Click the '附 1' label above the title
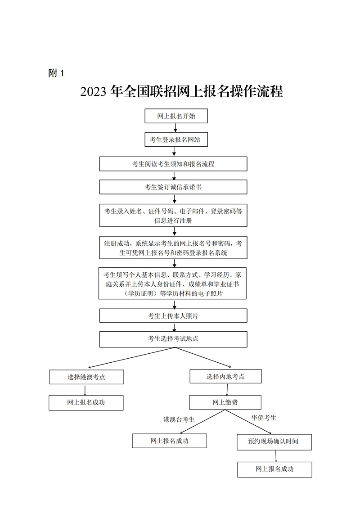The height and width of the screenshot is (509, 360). coord(56,73)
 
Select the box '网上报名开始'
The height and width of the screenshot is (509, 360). coord(176,116)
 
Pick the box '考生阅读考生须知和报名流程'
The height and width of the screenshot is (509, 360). coord(173,164)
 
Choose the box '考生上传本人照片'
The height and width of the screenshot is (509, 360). coord(173,315)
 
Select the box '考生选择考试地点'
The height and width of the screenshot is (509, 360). coord(173,339)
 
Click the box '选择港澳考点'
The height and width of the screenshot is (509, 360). coord(86,377)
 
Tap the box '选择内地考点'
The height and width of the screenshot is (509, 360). coord(225,376)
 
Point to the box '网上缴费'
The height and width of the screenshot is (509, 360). coord(219,402)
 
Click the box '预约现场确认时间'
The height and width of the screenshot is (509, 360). coord(273,441)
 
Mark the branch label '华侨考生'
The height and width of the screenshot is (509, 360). coord(264,418)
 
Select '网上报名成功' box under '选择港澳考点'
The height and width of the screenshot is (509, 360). coord(86,402)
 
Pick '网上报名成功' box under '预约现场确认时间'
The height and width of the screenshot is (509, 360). coord(274,469)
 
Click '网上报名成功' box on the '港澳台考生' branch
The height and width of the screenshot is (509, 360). coord(170,441)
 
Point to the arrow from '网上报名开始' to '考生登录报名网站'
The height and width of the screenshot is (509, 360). coord(175,128)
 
